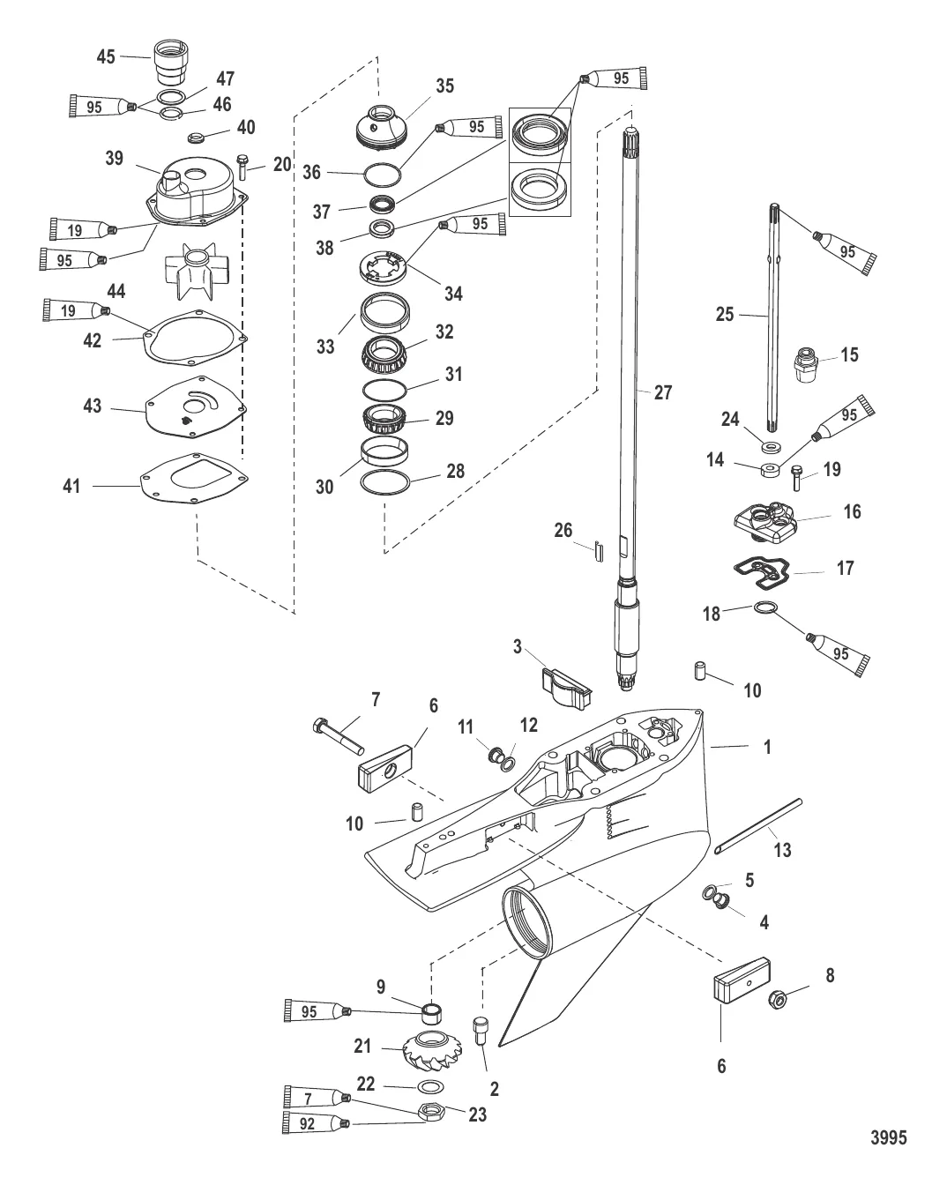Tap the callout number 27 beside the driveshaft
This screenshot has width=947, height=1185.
click(x=663, y=392)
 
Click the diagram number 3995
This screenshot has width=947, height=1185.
click(x=888, y=1137)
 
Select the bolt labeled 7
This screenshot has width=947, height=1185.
click(x=338, y=736)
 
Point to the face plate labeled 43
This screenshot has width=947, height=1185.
click(x=196, y=407)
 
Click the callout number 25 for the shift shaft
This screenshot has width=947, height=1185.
click(x=725, y=315)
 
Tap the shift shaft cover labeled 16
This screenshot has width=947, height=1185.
click(x=766, y=523)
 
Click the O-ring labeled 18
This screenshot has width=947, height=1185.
click(x=765, y=607)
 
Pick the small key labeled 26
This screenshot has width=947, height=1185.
click(x=599, y=552)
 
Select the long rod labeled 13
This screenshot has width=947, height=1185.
click(x=758, y=826)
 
